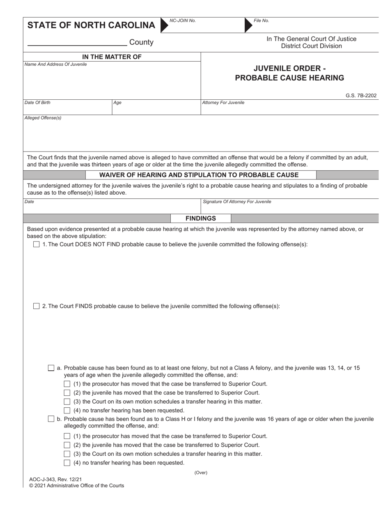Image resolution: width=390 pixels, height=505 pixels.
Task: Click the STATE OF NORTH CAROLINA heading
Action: point(91,25)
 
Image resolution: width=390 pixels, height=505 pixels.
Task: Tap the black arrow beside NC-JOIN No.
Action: point(164,25)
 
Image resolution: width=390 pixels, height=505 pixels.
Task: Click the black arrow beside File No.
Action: point(248,25)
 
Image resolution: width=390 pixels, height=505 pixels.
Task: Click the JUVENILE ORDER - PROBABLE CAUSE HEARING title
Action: point(289,73)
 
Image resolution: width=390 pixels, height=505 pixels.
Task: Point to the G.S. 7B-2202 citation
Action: point(361,96)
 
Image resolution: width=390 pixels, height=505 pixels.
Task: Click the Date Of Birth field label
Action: point(37,103)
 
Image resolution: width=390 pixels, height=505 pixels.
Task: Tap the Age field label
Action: point(117,103)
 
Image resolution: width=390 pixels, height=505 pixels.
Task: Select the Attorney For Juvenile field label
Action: point(223,103)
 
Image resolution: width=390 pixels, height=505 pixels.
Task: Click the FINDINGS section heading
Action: point(200,218)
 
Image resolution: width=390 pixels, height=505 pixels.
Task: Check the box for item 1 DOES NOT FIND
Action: point(36,244)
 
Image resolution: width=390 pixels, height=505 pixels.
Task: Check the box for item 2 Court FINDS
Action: point(36,306)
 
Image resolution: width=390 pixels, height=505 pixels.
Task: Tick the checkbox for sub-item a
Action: point(51,368)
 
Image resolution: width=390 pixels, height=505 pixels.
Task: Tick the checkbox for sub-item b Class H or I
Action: point(51,419)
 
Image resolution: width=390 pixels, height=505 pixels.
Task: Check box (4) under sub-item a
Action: point(67,410)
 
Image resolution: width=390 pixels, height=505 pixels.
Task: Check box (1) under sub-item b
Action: point(67,436)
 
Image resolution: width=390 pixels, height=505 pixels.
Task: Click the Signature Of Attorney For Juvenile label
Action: point(237,202)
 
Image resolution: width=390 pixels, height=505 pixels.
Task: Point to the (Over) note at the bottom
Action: point(201,473)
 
